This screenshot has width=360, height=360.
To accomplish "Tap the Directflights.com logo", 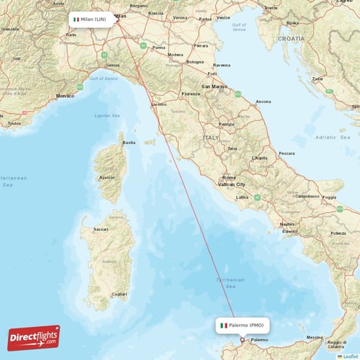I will (x=33, y=338).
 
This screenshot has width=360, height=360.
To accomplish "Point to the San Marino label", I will (x=215, y=86).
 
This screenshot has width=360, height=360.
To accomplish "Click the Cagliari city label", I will (x=119, y=294).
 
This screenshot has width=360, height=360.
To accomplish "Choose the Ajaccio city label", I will (x=107, y=176).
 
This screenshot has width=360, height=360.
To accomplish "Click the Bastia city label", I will (x=129, y=143).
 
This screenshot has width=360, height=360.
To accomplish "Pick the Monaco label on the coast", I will (x=65, y=96).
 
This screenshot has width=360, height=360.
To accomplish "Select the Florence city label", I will (x=191, y=94).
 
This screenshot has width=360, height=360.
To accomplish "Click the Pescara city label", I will (x=287, y=153).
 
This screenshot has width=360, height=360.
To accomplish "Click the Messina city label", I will (x=315, y=337).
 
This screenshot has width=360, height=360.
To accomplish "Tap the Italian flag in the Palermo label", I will (x=224, y=325).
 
